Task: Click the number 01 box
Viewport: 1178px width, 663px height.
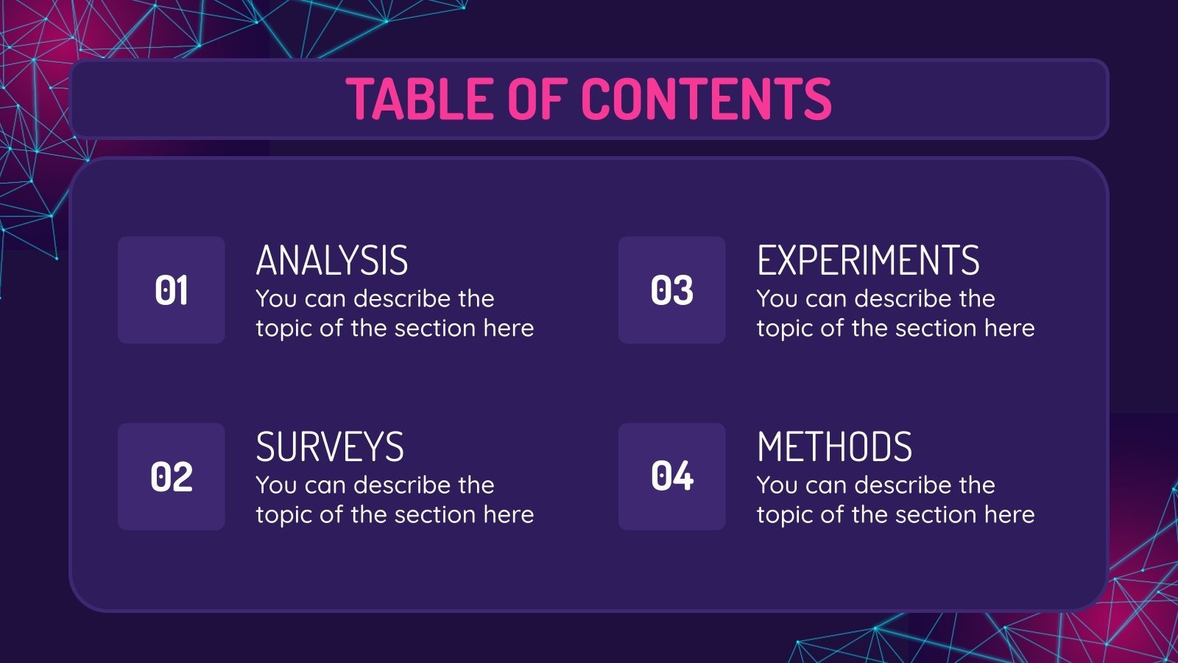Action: coord(172,290)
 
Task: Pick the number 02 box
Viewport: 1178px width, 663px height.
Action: coord(172,477)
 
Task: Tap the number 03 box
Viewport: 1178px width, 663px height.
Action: coord(672,290)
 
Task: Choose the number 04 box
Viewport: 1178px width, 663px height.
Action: coord(672,477)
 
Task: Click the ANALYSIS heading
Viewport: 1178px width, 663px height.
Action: coord(332,261)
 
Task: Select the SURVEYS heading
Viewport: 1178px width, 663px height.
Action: coord(330,447)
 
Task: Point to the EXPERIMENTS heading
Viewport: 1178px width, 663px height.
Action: coord(868,261)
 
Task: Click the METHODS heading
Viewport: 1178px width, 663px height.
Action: coord(834,447)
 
